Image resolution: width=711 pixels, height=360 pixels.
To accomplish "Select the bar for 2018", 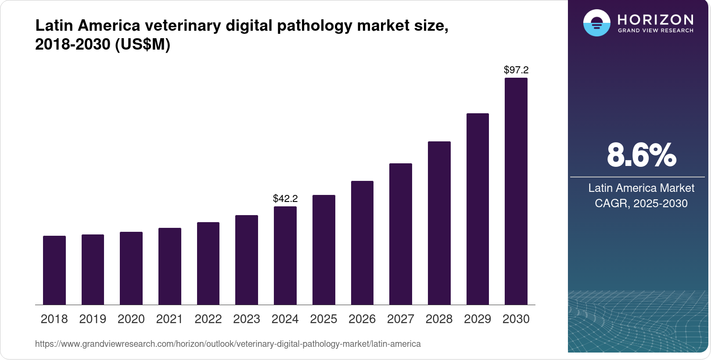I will [x=54, y=270].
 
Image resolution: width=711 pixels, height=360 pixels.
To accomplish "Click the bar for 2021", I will [x=170, y=266].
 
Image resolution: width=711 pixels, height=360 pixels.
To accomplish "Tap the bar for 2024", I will [x=285, y=256].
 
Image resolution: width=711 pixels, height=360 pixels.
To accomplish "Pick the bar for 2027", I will [x=401, y=234].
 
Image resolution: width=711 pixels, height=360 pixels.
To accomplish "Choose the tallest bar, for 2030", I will [x=516, y=191].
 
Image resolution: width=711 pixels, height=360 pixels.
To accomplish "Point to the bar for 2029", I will [x=478, y=209].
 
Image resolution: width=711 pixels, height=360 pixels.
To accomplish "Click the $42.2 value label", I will [x=285, y=198].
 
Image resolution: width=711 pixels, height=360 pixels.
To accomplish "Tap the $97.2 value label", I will [x=516, y=70].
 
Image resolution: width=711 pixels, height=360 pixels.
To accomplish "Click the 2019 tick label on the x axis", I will [x=93, y=319].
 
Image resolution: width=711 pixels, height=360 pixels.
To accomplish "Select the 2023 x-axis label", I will [x=247, y=319].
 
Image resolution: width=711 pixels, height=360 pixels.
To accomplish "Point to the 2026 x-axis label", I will [x=362, y=319].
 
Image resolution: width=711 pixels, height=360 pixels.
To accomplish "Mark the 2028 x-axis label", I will [x=439, y=319].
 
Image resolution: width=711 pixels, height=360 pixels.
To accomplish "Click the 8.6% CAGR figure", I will [x=641, y=155].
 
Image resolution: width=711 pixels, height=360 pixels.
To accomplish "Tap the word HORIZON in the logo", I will [x=655, y=19].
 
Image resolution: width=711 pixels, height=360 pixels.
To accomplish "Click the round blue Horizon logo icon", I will [x=596, y=23].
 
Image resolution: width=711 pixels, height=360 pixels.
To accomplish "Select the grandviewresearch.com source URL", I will [x=228, y=344].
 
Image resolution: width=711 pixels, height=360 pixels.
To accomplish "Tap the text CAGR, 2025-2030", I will [x=641, y=203].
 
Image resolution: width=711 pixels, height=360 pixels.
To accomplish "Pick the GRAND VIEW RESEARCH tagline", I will [x=655, y=31].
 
